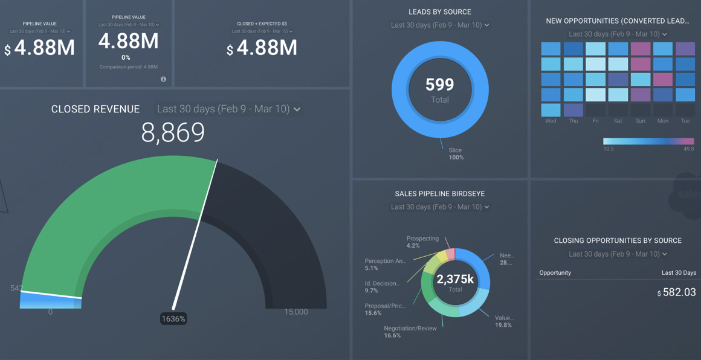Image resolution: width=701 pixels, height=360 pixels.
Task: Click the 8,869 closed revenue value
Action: tap(173, 133)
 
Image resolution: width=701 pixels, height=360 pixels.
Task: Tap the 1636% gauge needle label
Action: tap(173, 318)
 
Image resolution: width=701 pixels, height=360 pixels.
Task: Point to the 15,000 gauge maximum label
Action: tap(296, 312)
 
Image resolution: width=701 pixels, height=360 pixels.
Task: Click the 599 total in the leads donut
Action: tap(439, 85)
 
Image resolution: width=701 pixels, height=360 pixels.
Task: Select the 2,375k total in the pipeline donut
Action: tap(455, 280)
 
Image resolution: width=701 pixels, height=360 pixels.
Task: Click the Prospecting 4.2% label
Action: tap(422, 242)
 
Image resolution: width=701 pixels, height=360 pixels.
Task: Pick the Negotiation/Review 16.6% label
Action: tap(410, 332)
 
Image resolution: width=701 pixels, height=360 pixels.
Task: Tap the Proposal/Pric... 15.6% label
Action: tap(385, 309)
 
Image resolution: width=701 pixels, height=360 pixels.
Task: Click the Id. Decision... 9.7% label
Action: tap(381, 286)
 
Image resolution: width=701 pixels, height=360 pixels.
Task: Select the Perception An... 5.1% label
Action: tap(385, 265)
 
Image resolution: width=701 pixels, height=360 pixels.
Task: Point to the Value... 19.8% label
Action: tap(503, 321)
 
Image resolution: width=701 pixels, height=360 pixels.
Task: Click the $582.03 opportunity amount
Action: tap(677, 292)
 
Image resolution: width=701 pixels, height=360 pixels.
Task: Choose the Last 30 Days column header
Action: tap(679, 272)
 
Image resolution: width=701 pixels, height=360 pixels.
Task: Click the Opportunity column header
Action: tap(555, 272)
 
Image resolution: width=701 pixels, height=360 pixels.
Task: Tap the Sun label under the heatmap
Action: tap(640, 121)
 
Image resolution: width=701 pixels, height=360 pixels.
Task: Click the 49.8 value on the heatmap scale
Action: tap(688, 149)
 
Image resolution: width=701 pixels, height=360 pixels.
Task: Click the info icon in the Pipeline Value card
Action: tap(163, 79)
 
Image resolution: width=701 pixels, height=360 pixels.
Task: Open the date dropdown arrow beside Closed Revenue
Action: tap(297, 109)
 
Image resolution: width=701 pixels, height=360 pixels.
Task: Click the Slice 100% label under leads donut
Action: tap(456, 153)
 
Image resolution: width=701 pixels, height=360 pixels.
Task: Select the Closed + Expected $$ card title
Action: tap(262, 24)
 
